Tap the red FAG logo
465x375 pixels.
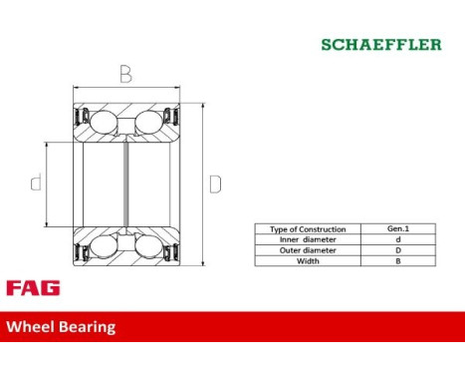(x=33, y=287)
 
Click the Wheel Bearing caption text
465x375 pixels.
(x=61, y=326)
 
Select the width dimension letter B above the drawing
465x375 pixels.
(x=126, y=74)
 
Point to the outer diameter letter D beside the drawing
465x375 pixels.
(x=215, y=185)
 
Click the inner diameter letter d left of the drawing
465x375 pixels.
(x=37, y=184)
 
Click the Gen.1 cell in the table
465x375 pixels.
(x=398, y=229)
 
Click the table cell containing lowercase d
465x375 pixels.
(x=398, y=239)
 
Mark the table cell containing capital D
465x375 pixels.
(x=398, y=250)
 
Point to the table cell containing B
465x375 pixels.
(x=398, y=261)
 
